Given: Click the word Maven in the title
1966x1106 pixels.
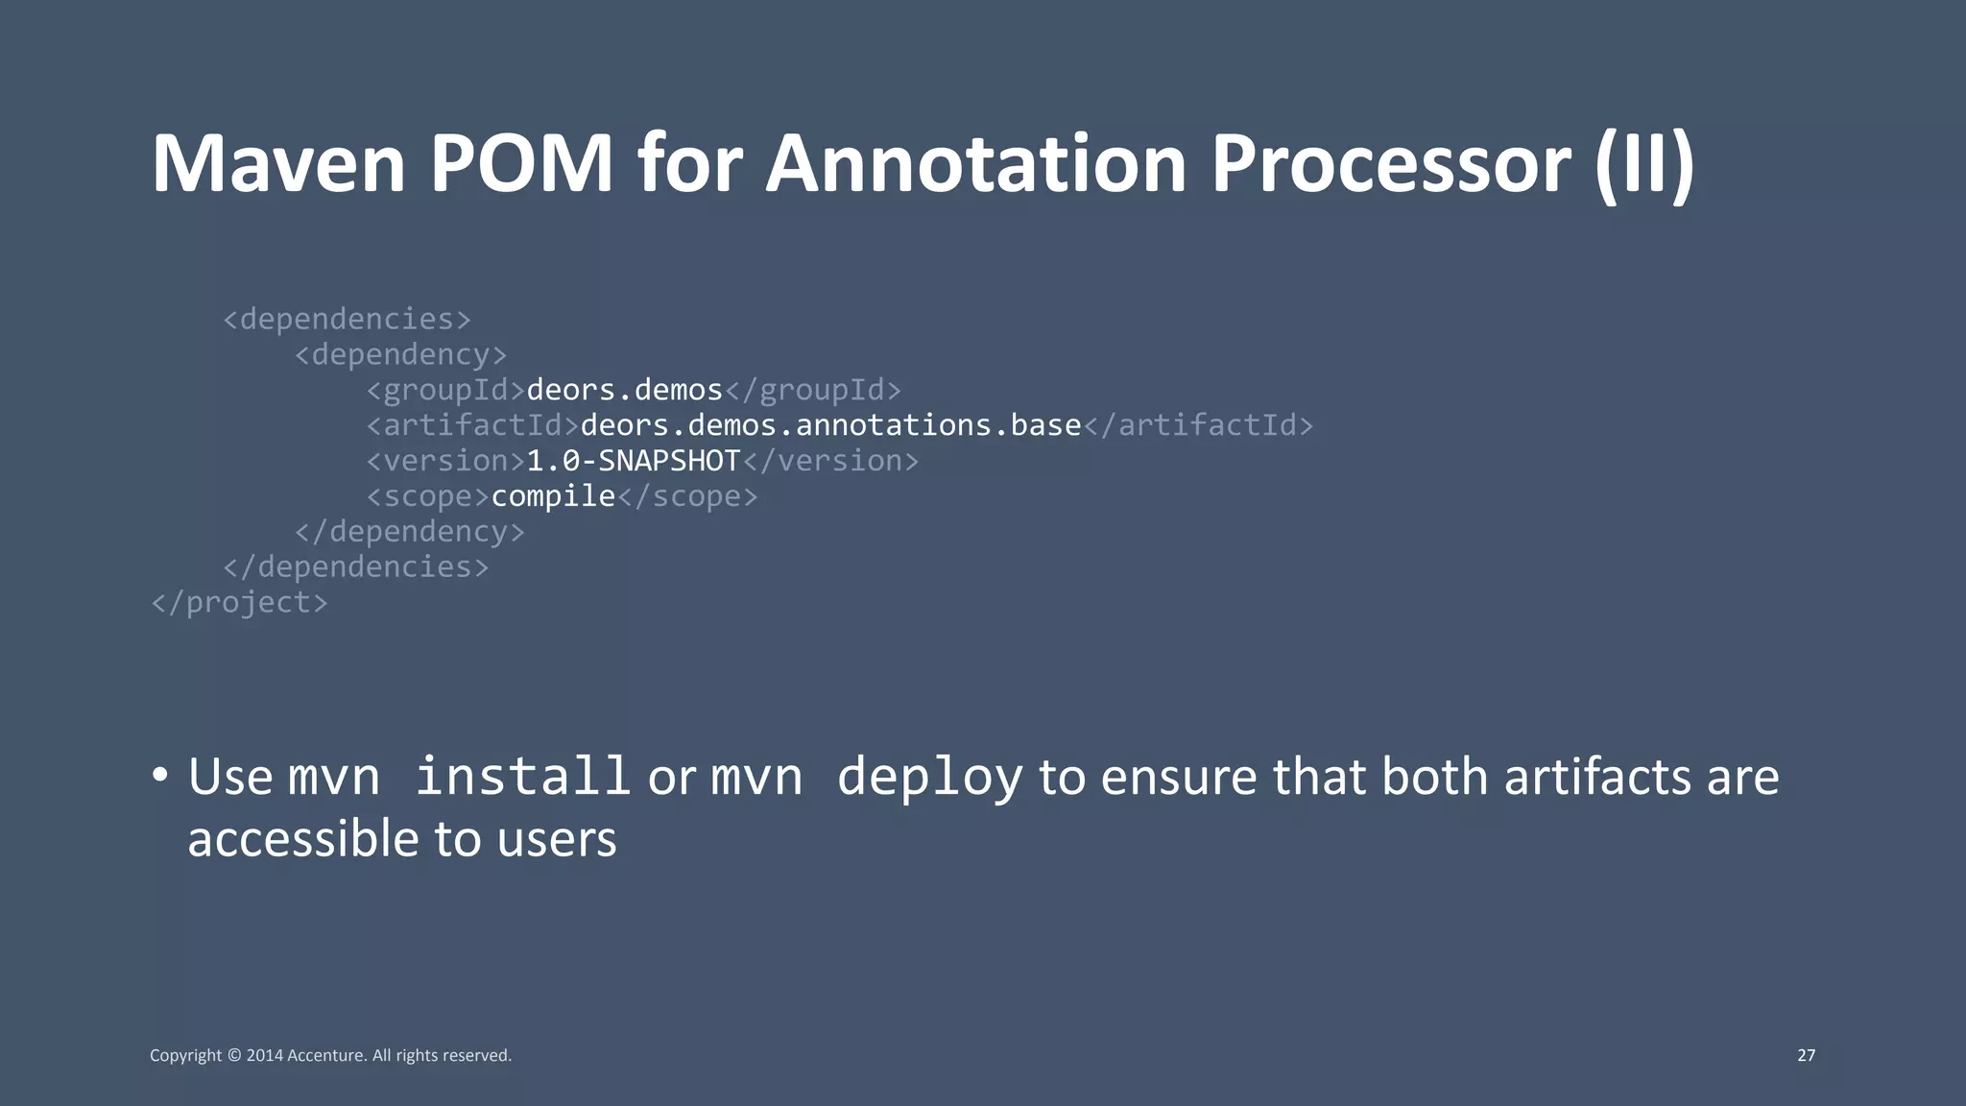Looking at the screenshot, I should point(278,164).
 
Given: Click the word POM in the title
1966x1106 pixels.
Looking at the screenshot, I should point(520,164).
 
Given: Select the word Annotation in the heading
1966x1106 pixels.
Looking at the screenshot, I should point(975,164).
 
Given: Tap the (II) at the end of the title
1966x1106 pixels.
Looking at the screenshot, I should point(1644,164).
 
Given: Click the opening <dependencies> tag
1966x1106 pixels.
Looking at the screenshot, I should point(347,319).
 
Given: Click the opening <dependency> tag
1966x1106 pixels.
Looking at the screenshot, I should point(400,354).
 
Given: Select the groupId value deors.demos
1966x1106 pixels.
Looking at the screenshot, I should point(624,390).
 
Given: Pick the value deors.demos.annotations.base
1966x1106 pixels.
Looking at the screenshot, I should point(830,425).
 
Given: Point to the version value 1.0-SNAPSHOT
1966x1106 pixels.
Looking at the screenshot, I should point(634,461).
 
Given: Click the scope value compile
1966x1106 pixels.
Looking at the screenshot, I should point(553,496).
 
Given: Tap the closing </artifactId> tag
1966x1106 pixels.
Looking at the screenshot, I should point(1198,425).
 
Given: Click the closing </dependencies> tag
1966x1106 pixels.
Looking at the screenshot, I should point(355,567).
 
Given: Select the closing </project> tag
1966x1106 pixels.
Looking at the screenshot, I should point(239,603).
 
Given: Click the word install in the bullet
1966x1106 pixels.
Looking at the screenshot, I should point(522,776).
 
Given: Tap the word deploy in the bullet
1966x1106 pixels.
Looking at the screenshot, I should point(929,778).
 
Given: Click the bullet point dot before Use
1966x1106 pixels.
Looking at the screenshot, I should point(160,774).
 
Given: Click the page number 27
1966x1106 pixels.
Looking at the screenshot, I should point(1806,1055).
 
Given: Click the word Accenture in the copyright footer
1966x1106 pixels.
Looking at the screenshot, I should point(326,1055).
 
